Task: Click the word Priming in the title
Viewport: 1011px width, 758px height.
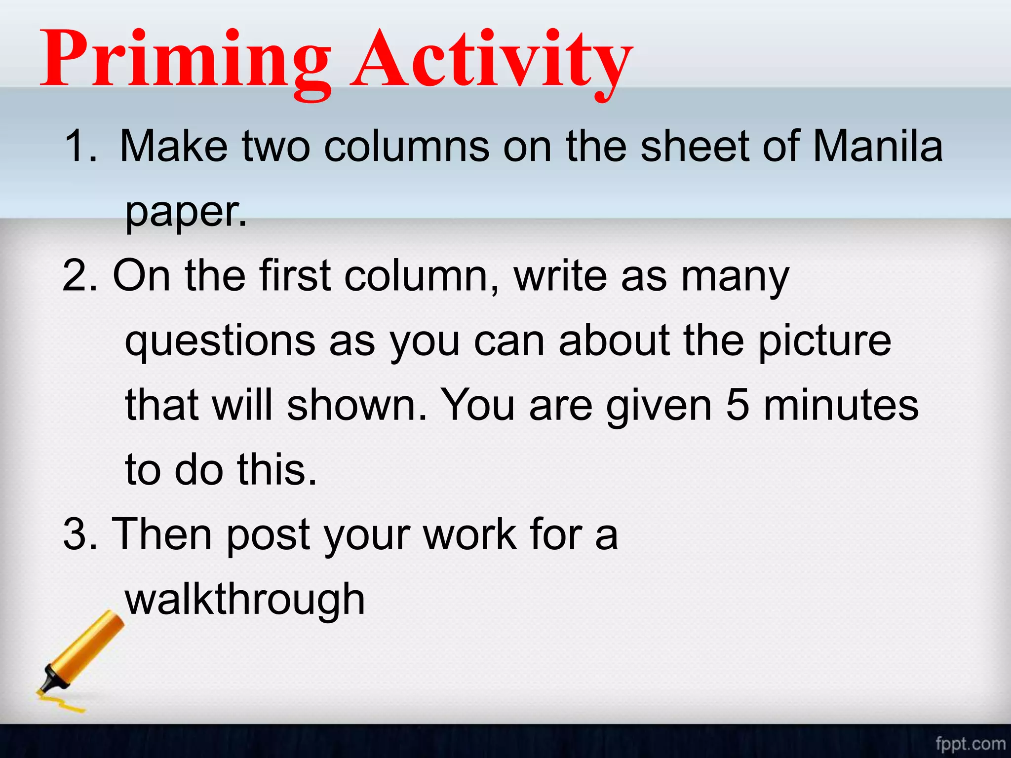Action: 185,59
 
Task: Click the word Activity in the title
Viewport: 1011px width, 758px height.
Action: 491,59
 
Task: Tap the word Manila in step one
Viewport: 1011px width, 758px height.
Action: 877,146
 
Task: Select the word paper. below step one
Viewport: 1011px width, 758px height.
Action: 186,212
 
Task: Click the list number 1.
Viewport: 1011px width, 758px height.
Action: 79,146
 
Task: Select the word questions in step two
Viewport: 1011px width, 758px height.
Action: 220,341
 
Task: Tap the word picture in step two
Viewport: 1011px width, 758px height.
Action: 824,341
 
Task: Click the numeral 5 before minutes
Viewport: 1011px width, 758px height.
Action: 737,406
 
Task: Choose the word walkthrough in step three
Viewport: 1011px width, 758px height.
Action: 245,600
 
